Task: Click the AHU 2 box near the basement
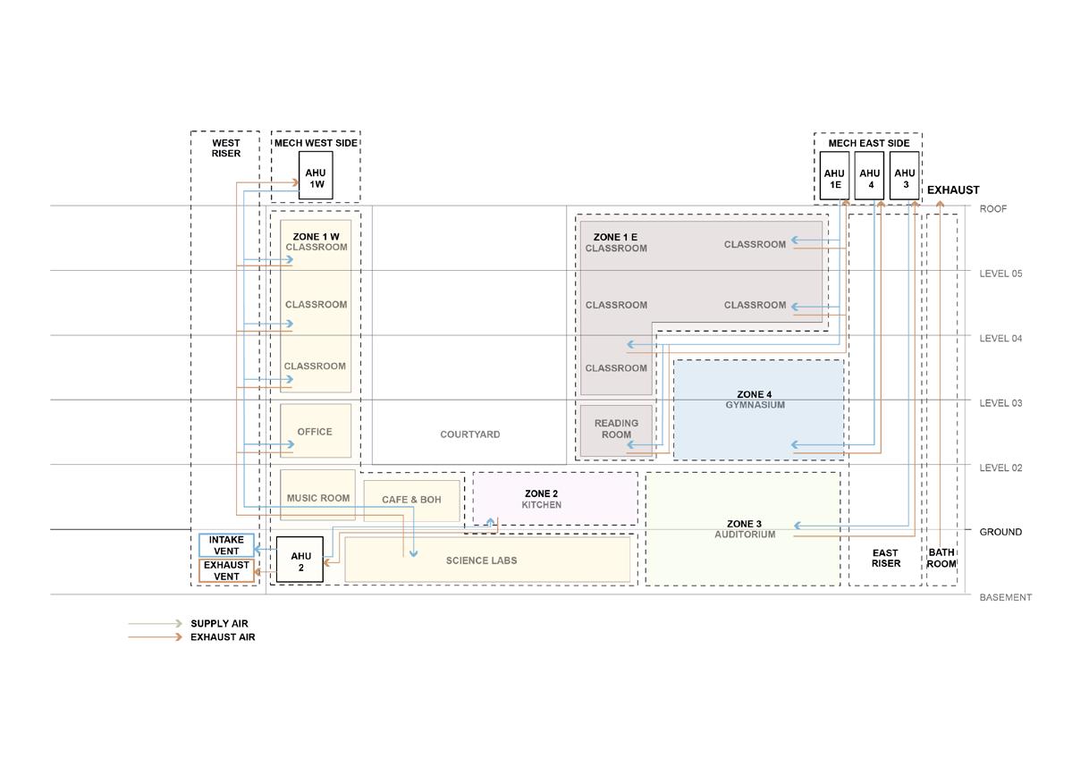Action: [300, 560]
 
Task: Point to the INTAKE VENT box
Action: [225, 545]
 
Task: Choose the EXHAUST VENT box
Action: [226, 570]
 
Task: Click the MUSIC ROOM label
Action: [318, 498]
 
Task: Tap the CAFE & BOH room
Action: [411, 500]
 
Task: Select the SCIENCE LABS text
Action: [481, 560]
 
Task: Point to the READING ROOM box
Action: [616, 429]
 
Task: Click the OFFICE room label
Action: [315, 432]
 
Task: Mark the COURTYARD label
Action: [470, 434]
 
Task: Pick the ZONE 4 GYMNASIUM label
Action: [755, 400]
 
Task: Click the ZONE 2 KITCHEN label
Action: [542, 499]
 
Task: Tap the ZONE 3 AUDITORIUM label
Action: [745, 529]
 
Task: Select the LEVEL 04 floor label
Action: [1000, 338]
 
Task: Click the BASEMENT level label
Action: [1005, 597]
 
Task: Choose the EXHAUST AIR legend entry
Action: [222, 637]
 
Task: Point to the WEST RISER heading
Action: [225, 148]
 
